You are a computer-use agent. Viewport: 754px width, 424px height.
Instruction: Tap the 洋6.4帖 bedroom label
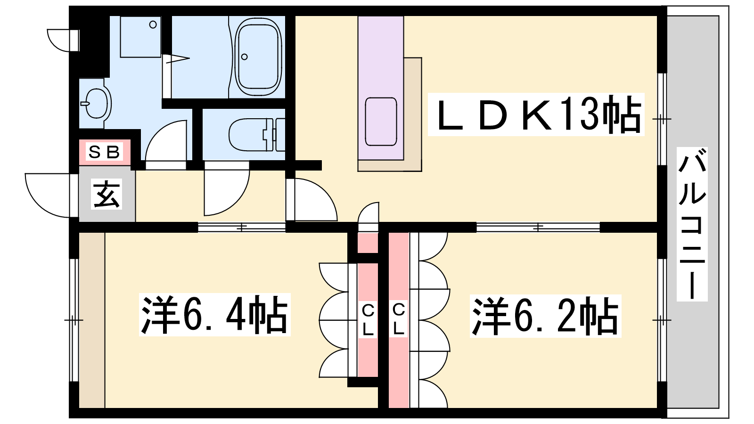tap(215, 315)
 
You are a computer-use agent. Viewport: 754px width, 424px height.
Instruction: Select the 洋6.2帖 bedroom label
tap(545, 316)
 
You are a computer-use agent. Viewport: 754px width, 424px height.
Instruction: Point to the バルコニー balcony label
tap(692, 224)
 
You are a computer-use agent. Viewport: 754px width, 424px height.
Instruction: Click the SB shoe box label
tap(104, 152)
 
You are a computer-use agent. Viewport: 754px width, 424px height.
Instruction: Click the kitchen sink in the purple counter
tap(381, 122)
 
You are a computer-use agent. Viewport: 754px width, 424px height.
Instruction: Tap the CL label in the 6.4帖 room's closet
tap(368, 320)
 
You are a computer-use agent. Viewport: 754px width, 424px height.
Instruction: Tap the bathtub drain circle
tap(245, 57)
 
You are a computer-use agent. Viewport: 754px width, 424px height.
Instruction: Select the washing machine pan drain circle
tap(153, 24)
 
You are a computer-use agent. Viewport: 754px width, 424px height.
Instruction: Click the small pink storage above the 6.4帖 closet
tap(368, 243)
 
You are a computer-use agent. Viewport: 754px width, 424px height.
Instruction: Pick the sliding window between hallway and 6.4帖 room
tap(242, 228)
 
